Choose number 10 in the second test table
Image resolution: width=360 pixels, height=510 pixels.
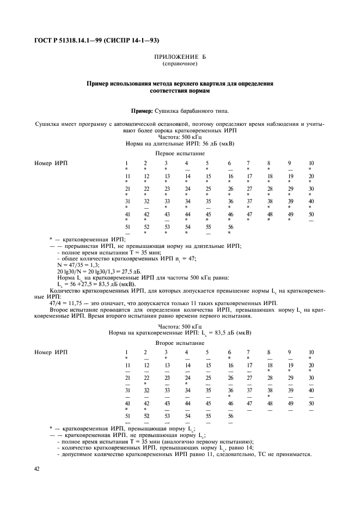point(311,353)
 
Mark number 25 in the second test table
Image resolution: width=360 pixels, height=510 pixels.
point(208,378)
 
